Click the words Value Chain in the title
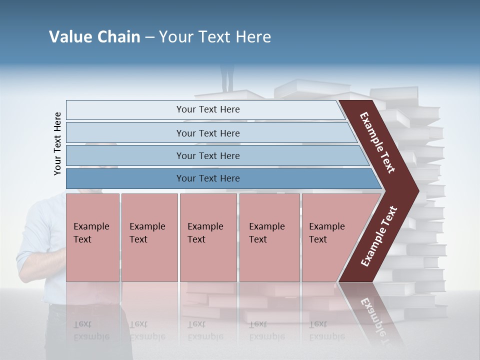pos(94,37)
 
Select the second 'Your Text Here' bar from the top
pos(208,133)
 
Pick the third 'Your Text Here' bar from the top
pos(208,155)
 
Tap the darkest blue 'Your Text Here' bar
pos(208,178)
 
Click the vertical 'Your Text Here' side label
pos(57,143)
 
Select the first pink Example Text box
pos(92,237)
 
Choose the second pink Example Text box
pos(149,237)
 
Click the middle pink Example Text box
pos(208,237)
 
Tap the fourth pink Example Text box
pos(269,237)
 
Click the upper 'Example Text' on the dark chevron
pos(377,142)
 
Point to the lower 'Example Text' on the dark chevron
pos(378,236)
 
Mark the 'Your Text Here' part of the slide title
pos(215,37)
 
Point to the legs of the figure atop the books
pos(227,80)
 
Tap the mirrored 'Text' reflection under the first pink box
pos(82,324)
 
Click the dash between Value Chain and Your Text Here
pos(149,37)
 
